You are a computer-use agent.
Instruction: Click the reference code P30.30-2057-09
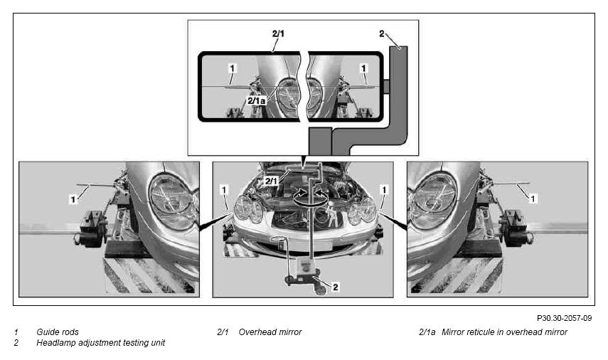coord(564,318)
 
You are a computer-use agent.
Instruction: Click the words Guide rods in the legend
coord(58,332)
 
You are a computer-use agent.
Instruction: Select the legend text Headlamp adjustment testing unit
coord(100,343)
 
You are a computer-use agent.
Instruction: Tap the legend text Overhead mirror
coord(270,332)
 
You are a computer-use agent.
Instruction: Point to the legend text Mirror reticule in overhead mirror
coord(504,332)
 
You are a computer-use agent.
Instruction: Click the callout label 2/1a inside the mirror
coord(256,101)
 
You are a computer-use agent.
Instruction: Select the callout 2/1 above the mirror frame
coord(278,33)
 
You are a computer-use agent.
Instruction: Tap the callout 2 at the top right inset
coord(382,33)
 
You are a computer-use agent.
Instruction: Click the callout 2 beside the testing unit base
coord(336,287)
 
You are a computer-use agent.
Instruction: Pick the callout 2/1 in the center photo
coord(271,181)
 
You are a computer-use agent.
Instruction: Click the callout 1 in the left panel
coord(73,199)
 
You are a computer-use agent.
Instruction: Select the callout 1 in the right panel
coord(533,198)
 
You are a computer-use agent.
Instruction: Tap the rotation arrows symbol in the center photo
coord(309,196)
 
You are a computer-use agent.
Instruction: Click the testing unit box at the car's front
coord(305,268)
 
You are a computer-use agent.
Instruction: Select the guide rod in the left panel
coord(97,186)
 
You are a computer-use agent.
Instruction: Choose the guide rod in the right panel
coord(508,183)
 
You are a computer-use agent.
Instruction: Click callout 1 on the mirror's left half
coord(233,69)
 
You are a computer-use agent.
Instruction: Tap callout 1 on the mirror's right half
coord(363,69)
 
